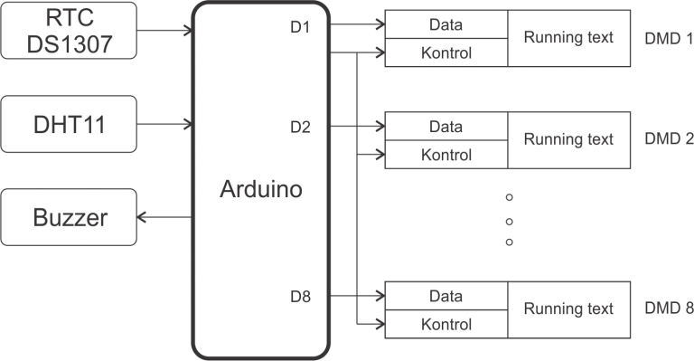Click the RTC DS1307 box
(x=69, y=26)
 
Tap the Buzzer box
(x=69, y=217)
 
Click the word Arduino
(x=261, y=191)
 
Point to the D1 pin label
(x=301, y=27)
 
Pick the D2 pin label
(x=301, y=127)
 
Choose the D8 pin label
(x=301, y=296)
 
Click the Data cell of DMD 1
(x=446, y=24)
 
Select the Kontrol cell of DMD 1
(x=446, y=52)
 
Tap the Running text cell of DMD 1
(x=568, y=38)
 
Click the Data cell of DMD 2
(x=446, y=126)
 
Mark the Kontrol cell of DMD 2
(x=446, y=154)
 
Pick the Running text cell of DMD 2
(x=568, y=140)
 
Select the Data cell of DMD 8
(x=446, y=295)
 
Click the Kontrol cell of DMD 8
(x=446, y=323)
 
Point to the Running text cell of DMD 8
(x=568, y=309)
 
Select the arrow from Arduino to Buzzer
(x=163, y=217)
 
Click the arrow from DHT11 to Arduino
(x=163, y=122)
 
